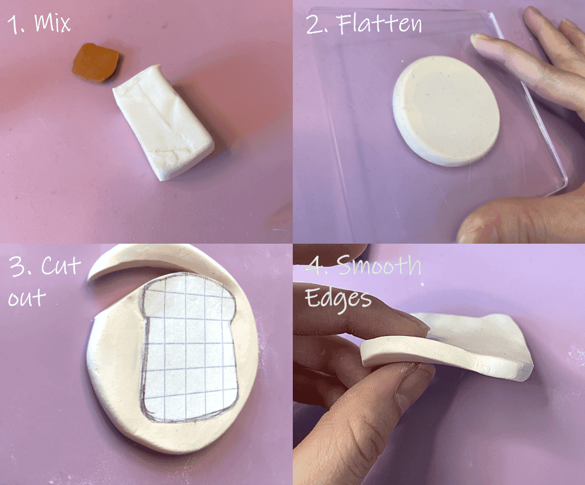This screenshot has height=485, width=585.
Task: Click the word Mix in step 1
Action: [x=53, y=23]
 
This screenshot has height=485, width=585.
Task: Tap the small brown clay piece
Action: [x=95, y=62]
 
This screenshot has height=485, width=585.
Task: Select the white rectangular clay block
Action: [x=163, y=121]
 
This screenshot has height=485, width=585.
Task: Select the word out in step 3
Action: [x=27, y=298]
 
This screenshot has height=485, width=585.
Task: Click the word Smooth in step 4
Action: [x=379, y=267]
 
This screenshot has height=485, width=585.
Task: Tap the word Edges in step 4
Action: [x=338, y=298]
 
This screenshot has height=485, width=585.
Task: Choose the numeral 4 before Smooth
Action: [x=314, y=267]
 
